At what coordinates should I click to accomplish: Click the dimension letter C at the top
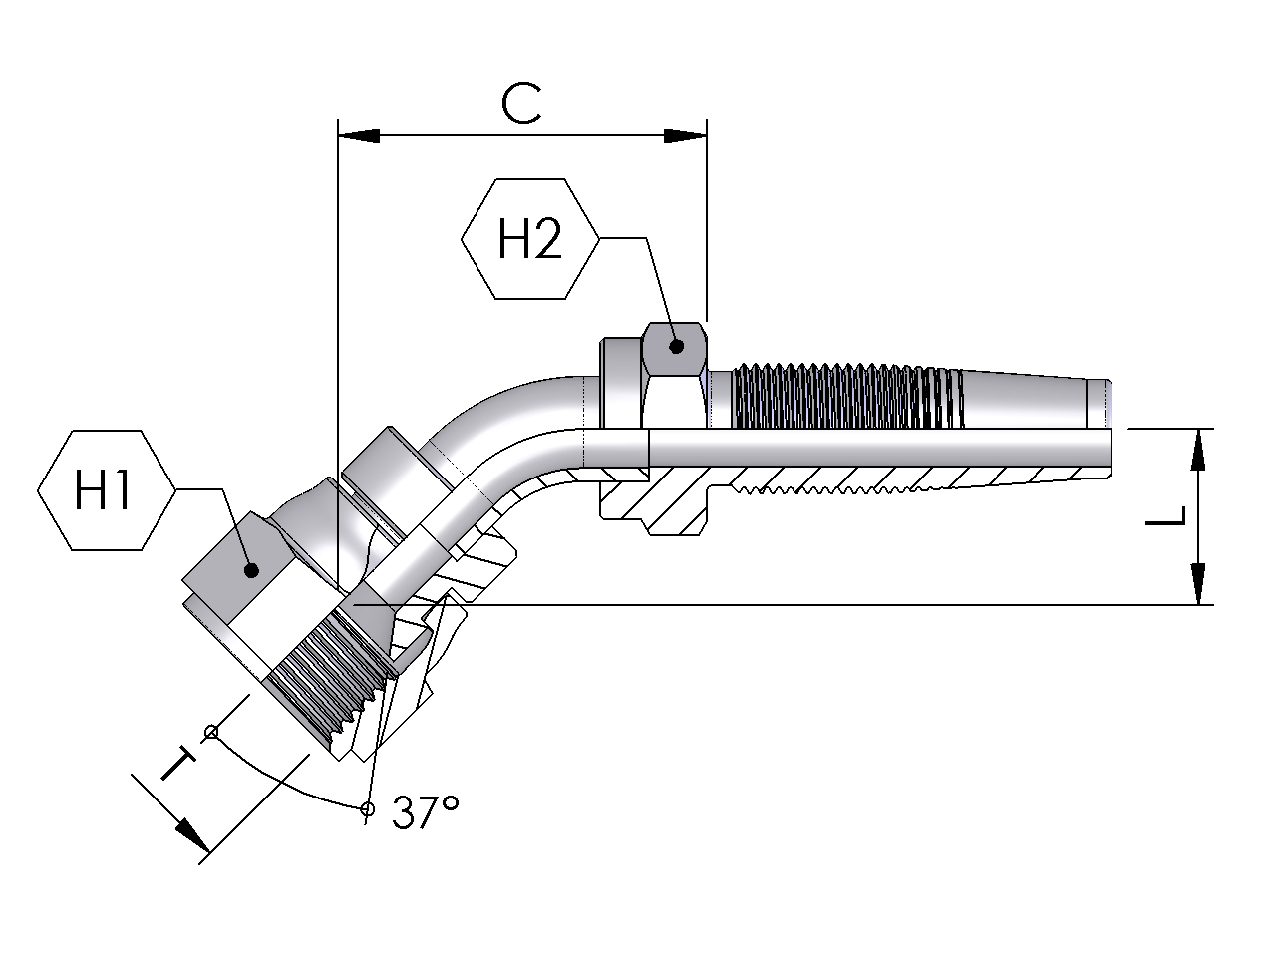(x=521, y=104)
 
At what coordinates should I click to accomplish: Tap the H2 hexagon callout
(x=529, y=239)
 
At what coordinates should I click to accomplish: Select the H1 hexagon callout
(x=106, y=489)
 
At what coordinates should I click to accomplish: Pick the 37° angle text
(x=426, y=811)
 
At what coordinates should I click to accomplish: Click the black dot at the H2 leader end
(x=676, y=347)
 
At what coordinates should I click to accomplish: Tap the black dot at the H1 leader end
(x=251, y=570)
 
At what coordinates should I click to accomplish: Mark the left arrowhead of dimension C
(x=359, y=136)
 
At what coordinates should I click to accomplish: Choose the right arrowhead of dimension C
(x=685, y=136)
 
